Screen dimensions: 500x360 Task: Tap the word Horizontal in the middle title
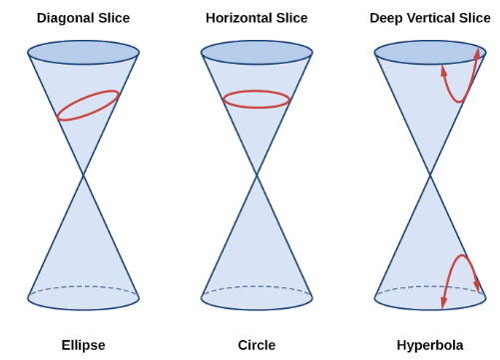point(240,18)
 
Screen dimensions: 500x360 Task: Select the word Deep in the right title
point(387,19)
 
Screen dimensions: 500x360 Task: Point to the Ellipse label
point(84,345)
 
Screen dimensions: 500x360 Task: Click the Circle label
point(256,345)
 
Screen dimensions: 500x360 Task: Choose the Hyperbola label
point(430,345)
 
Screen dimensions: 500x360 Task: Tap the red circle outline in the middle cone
point(256,91)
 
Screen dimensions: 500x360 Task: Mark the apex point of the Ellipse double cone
point(83,175)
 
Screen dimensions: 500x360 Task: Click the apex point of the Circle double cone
point(256,175)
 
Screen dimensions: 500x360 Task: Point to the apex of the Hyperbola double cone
point(430,175)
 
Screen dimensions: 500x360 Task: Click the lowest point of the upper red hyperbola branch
point(459,102)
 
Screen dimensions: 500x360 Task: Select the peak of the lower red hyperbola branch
point(462,255)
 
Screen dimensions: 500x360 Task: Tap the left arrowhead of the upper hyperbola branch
point(443,71)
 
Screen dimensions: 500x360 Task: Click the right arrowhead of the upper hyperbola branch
point(478,53)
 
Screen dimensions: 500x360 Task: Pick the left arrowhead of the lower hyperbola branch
point(443,302)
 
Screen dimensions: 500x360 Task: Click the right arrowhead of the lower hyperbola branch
point(477,286)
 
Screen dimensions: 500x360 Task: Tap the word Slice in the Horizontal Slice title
point(291,18)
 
